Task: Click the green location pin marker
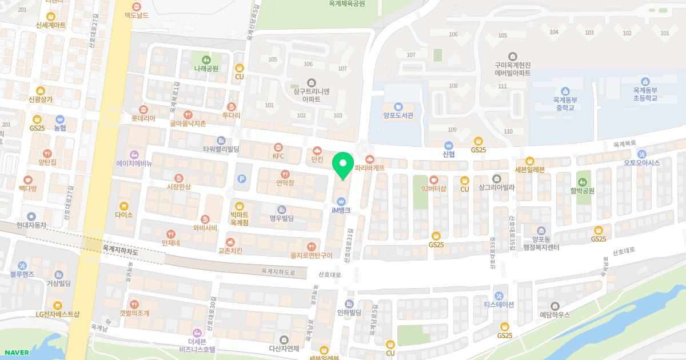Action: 343,166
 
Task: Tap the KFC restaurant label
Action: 278,156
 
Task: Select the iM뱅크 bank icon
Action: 341,201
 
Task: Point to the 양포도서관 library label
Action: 398,115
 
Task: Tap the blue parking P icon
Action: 241,179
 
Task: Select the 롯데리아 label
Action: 143,118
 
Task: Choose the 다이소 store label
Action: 123,215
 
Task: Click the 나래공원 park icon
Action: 206,59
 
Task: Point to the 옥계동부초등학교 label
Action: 645,94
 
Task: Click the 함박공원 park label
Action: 583,191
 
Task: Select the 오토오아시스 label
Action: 642,162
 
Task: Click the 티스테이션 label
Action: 499,304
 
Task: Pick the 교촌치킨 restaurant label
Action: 230,250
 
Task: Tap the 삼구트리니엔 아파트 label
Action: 311,95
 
